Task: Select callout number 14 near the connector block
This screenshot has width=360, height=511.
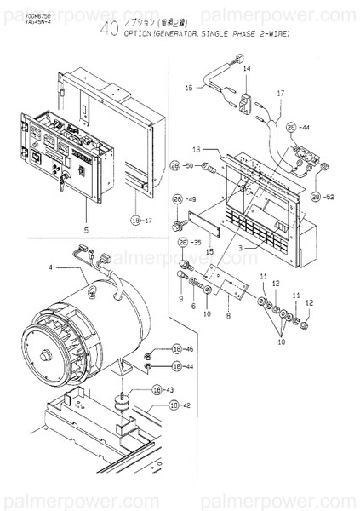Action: pyautogui.click(x=247, y=67)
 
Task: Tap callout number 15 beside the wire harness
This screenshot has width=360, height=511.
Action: pyautogui.click(x=190, y=88)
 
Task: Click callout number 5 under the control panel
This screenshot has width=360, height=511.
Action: pyautogui.click(x=85, y=229)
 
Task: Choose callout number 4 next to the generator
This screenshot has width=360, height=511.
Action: pyautogui.click(x=50, y=268)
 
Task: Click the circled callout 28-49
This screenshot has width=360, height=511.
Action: pyautogui.click(x=183, y=199)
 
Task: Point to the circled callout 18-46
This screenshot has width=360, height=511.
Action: pyautogui.click(x=181, y=349)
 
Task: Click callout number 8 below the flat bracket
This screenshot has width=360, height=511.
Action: pyautogui.click(x=227, y=315)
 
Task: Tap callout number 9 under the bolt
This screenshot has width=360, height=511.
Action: pyautogui.click(x=181, y=299)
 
